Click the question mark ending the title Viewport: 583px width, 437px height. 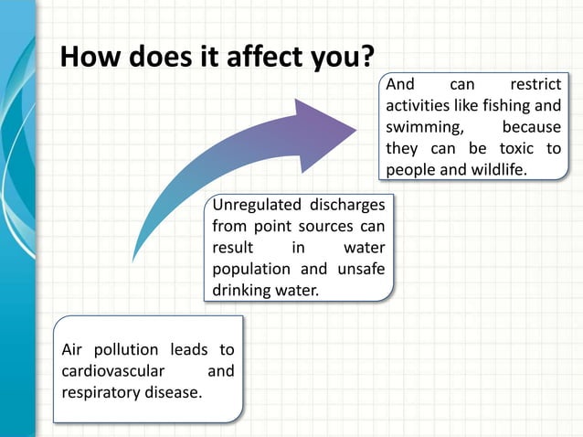[366, 57]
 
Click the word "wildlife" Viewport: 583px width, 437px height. [496, 170]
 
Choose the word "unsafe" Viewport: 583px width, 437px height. [361, 269]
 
